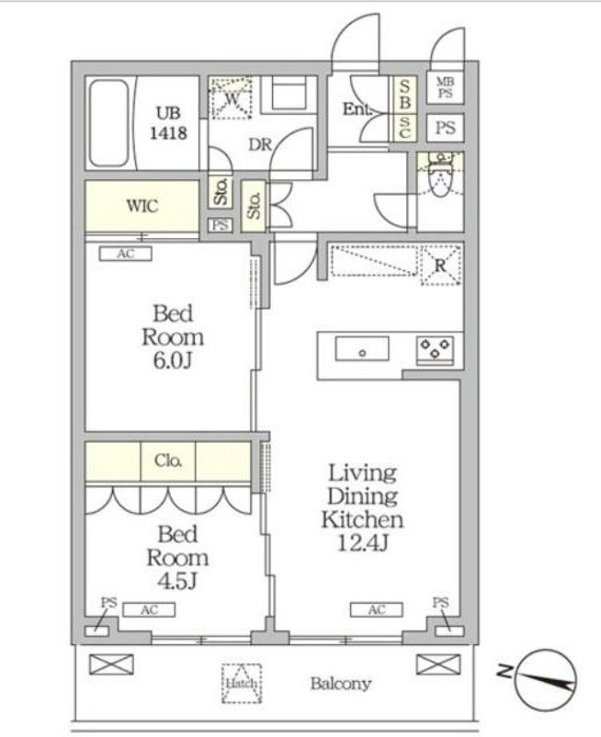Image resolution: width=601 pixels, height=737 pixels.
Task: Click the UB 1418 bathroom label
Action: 168,123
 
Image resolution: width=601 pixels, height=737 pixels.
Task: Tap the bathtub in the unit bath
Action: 108,123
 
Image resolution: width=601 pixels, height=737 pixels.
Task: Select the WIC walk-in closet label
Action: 142,206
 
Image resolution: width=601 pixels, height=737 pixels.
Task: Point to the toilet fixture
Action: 440,177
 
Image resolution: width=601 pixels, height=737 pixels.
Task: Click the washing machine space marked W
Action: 231,98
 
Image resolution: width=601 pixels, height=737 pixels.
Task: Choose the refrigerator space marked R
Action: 440,265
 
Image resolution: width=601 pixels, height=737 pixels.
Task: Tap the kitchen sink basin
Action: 362,349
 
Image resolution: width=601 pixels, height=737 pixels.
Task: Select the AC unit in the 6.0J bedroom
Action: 126,254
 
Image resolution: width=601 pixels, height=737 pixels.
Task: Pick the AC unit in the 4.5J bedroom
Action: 149,609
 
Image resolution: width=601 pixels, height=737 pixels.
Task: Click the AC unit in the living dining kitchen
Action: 377,609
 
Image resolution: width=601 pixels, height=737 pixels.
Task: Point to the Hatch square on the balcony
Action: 242,684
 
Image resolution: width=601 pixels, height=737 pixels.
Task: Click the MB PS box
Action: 445,87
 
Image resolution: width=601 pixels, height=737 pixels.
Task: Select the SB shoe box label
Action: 404,95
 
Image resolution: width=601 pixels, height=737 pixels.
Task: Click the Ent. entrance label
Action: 357,109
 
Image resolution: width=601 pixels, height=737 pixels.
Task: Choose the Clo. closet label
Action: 168,460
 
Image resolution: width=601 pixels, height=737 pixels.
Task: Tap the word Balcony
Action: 341,684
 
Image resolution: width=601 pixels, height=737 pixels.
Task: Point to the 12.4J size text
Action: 362,543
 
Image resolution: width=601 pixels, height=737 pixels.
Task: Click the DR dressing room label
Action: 260,144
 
